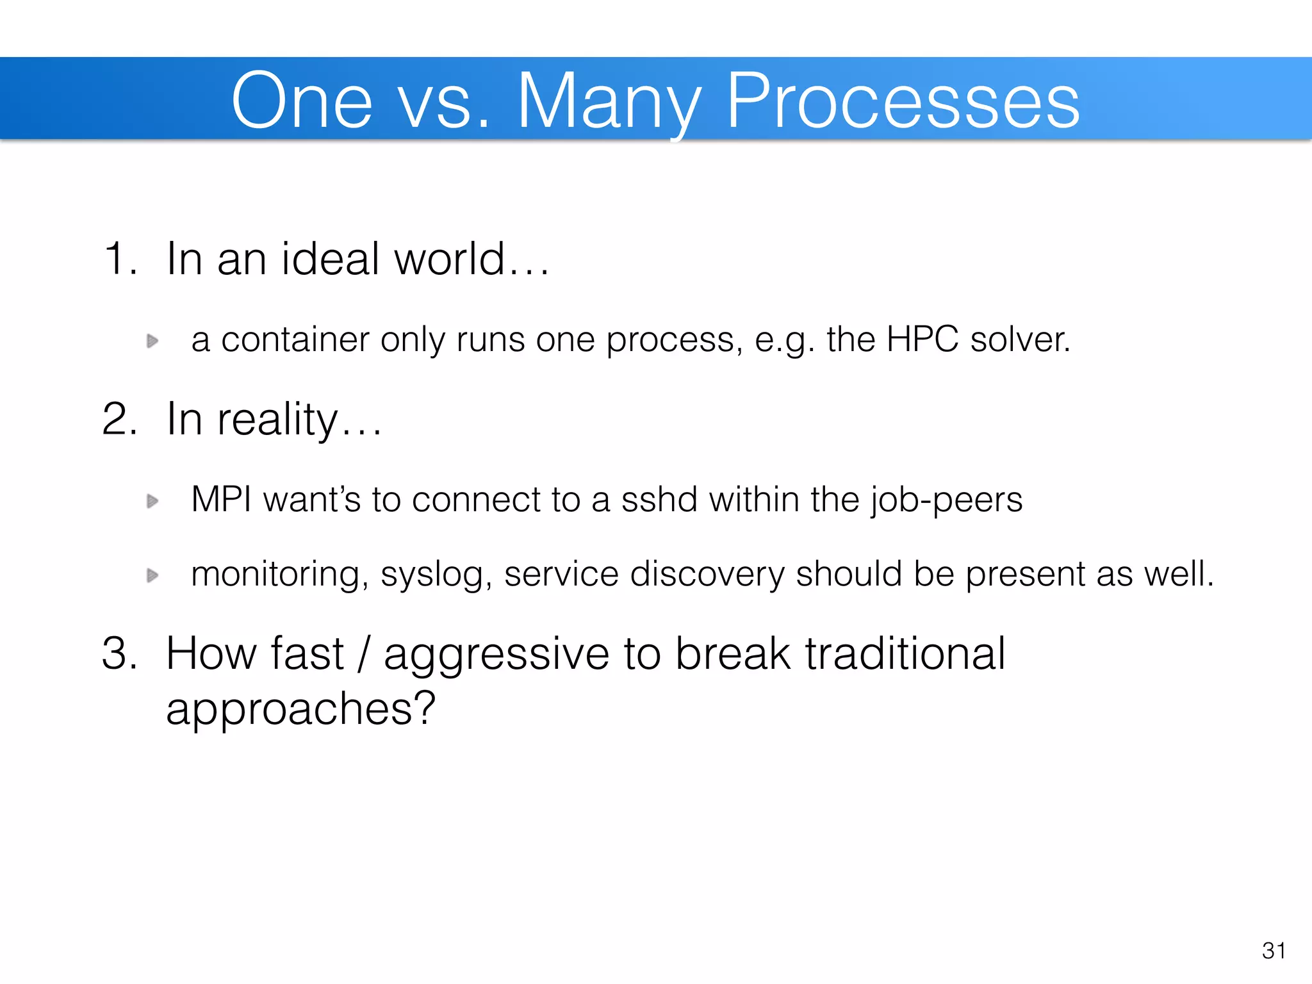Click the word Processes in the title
point(903,101)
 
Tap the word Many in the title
point(609,101)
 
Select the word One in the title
point(302,101)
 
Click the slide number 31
point(1274,951)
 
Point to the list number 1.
point(119,259)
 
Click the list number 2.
point(119,419)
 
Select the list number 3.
point(119,653)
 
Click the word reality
point(277,420)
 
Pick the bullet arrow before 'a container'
point(152,341)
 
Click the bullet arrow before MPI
point(152,500)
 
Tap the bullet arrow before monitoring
point(152,575)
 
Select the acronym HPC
point(922,340)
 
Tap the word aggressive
point(496,655)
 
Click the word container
point(295,340)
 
